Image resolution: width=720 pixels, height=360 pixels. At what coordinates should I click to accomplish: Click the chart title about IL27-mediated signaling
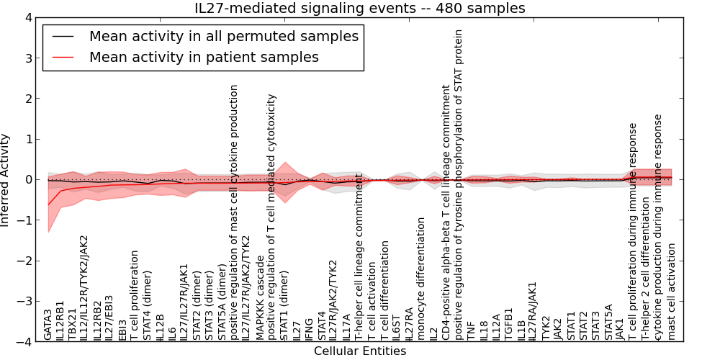pyautogui.click(x=360, y=8)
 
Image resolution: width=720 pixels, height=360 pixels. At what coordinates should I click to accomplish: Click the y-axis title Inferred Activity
pyautogui.click(x=6, y=180)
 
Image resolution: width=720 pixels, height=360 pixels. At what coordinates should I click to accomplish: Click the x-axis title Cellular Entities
pyautogui.click(x=360, y=351)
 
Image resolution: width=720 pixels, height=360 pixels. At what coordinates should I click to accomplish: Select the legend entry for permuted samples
pyautogui.click(x=223, y=36)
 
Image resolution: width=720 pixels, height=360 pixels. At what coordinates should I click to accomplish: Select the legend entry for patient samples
pyautogui.click(x=204, y=57)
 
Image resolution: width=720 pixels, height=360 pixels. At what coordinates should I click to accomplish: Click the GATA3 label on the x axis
pyautogui.click(x=48, y=324)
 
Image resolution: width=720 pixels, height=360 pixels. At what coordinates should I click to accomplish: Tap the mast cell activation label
pyautogui.click(x=672, y=291)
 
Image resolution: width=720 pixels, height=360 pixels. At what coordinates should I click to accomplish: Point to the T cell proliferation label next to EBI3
pyautogui.click(x=134, y=295)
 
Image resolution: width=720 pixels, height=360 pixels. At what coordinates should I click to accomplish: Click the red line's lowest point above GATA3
pyautogui.click(x=48, y=204)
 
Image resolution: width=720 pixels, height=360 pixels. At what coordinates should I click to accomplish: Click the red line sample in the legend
pyautogui.click(x=64, y=57)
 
